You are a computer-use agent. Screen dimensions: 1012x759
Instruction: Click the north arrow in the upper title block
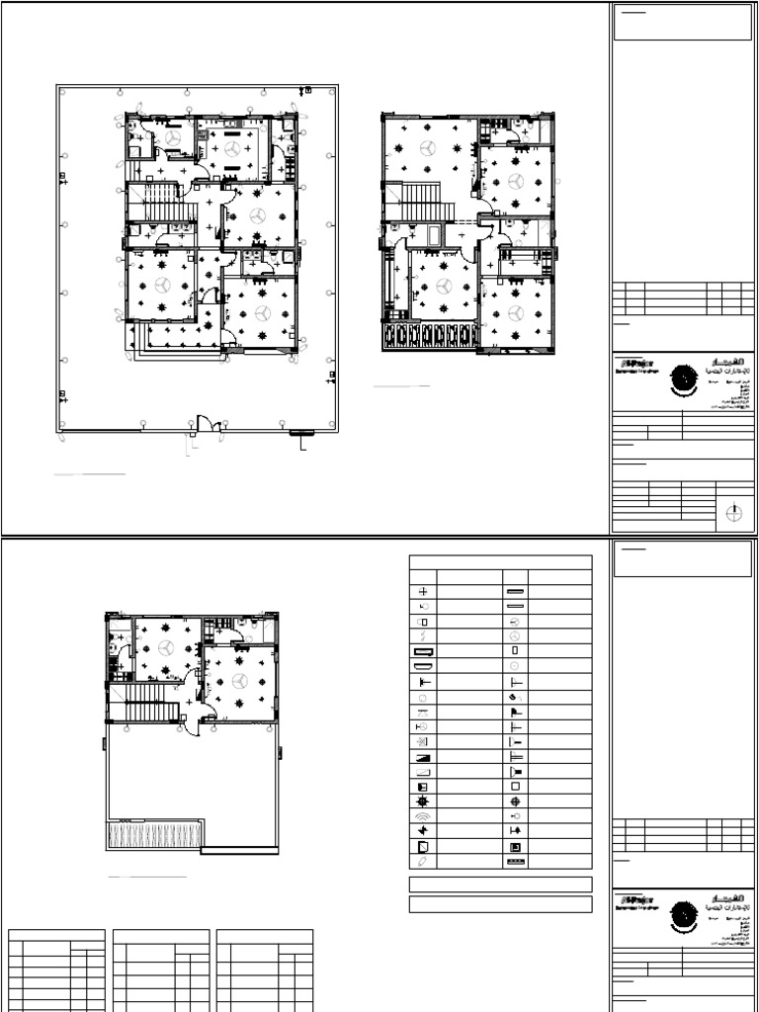(x=733, y=512)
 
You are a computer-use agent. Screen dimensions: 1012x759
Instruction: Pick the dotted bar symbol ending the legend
(x=516, y=863)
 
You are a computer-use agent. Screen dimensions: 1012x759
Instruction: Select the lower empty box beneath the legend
(x=500, y=904)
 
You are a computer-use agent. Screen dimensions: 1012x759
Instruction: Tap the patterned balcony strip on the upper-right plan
(x=428, y=336)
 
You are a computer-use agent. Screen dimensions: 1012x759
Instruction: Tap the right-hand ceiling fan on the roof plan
(x=239, y=681)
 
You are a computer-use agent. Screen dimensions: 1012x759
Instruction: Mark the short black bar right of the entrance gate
(x=299, y=432)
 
